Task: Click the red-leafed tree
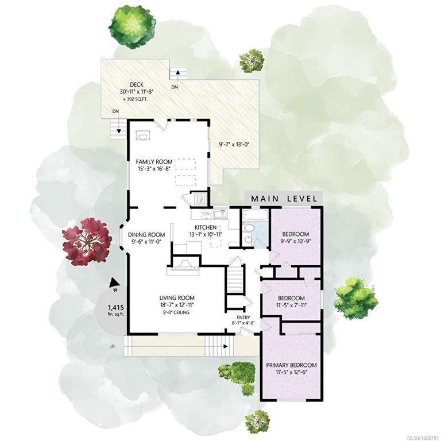pyautogui.click(x=86, y=242)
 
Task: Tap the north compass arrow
pyautogui.click(x=114, y=283)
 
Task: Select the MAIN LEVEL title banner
pyautogui.click(x=284, y=199)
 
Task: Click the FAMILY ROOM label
pyautogui.click(x=154, y=162)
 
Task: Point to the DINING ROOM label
pyautogui.click(x=146, y=235)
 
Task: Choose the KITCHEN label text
pyautogui.click(x=206, y=227)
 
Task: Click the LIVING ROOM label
pyautogui.click(x=177, y=298)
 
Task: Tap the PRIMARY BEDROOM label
pyautogui.click(x=291, y=365)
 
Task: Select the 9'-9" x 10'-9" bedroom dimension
pyautogui.click(x=296, y=241)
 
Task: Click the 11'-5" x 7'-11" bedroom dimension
pyautogui.click(x=292, y=305)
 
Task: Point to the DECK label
pyautogui.click(x=137, y=84)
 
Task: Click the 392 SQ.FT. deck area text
pyautogui.click(x=136, y=99)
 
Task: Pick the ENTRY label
pyautogui.click(x=243, y=317)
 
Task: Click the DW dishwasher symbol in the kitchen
pyautogui.click(x=207, y=214)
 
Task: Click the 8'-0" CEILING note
pyautogui.click(x=177, y=312)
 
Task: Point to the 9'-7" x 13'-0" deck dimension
pyautogui.click(x=234, y=145)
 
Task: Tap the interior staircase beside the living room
pyautogui.click(x=235, y=279)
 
